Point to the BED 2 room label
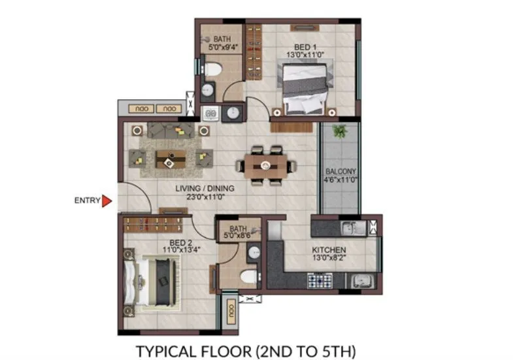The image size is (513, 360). click(x=173, y=242)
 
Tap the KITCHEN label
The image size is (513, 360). click(x=329, y=250)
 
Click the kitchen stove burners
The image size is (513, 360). click(x=318, y=281)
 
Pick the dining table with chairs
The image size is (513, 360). click(x=265, y=165)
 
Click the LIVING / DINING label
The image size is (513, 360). click(x=205, y=189)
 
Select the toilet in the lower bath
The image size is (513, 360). click(x=247, y=278)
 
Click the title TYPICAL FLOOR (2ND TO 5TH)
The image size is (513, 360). click(x=246, y=350)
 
